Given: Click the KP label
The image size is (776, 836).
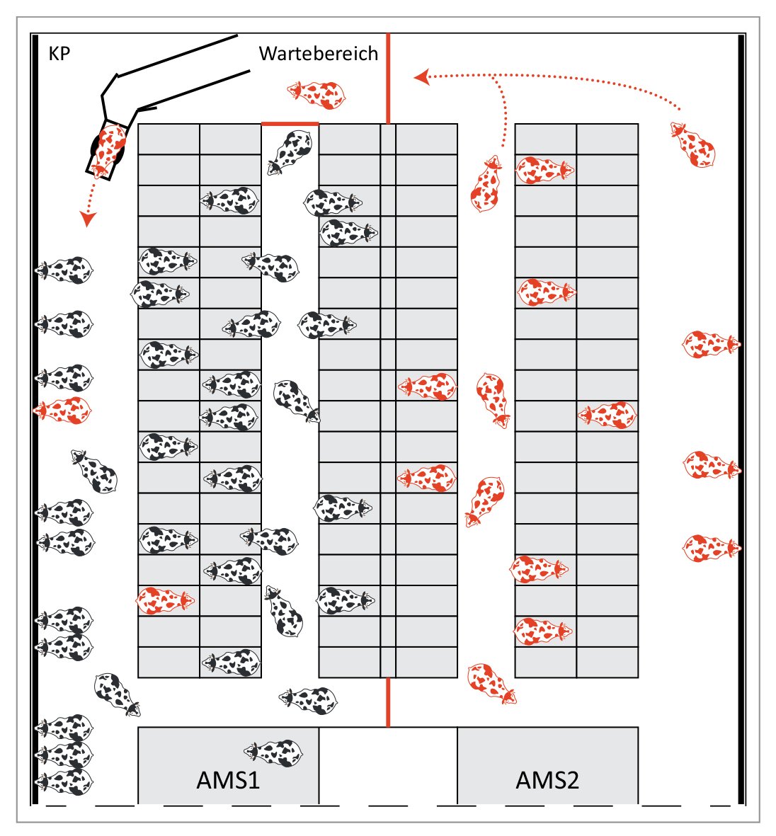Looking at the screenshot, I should click(x=59, y=54).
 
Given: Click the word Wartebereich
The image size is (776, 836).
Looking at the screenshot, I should click(x=319, y=54).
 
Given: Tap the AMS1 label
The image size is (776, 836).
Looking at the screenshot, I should click(x=228, y=780).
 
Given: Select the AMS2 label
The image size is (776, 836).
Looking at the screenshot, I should click(x=547, y=780).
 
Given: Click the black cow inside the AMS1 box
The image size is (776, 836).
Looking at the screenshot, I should click(x=273, y=752).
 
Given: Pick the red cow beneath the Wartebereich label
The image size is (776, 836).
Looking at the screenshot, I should click(x=316, y=93).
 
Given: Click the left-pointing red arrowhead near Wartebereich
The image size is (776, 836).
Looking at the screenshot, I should click(x=422, y=76).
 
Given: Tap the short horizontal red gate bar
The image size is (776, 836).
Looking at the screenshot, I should click(x=290, y=123).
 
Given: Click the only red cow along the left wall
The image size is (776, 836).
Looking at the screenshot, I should click(x=62, y=410).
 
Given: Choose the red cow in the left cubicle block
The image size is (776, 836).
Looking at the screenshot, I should click(x=166, y=600).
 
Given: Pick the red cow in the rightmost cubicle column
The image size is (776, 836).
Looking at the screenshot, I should click(x=607, y=416).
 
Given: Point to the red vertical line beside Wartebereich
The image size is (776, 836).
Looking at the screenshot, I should click(x=387, y=78).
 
